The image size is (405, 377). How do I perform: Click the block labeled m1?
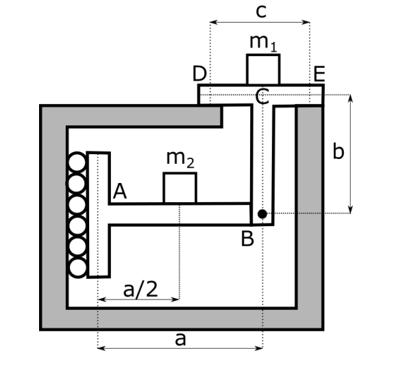(x=263, y=69)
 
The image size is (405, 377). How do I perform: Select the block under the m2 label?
(x=180, y=188)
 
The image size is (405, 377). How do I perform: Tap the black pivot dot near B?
(x=262, y=215)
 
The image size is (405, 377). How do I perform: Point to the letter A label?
(x=119, y=193)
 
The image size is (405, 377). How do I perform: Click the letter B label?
(x=247, y=239)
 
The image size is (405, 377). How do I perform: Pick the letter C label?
(x=261, y=97)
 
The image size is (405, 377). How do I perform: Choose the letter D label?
(x=199, y=73)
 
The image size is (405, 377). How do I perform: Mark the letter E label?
(x=319, y=73)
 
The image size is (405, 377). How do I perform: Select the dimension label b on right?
(x=338, y=151)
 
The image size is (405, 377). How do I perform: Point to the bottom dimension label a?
(x=180, y=338)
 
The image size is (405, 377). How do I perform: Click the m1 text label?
(x=263, y=42)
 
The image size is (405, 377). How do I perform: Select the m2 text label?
(x=180, y=159)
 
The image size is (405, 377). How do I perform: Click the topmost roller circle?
(x=77, y=162)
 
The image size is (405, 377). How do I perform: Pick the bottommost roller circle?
(x=77, y=266)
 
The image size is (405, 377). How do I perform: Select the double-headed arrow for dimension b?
(x=351, y=154)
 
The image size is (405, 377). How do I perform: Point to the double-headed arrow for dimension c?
(x=260, y=22)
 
